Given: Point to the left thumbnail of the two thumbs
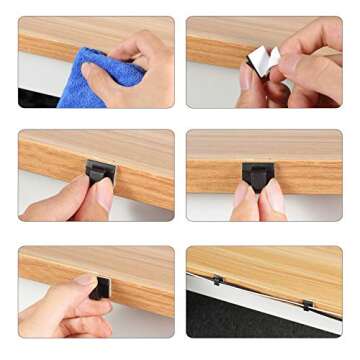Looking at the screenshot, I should [x=246, y=196].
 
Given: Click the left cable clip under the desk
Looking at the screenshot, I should [x=218, y=281].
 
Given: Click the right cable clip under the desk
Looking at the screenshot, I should [x=308, y=304].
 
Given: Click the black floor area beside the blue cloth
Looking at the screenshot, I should [x=36, y=98].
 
